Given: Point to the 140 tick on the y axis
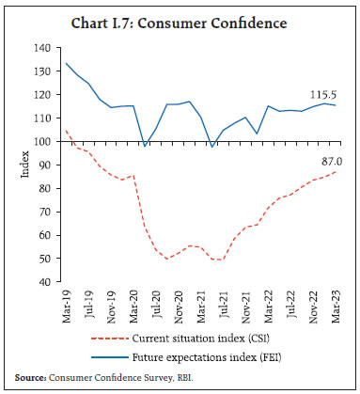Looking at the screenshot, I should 40,48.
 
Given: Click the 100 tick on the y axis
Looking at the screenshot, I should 40,141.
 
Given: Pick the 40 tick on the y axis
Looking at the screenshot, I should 43,281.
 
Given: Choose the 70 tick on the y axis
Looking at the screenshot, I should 43,212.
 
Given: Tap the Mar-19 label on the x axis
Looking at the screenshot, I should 65,304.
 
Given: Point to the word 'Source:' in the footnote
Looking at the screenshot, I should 33,377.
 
